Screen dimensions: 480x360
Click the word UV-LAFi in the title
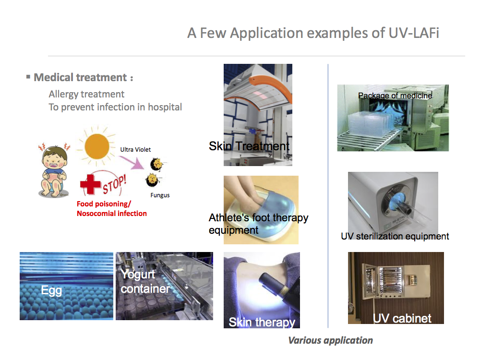[414, 33]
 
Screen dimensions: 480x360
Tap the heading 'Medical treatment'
[80, 77]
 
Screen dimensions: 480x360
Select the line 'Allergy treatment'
[86, 94]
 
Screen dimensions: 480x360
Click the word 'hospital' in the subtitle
[165, 107]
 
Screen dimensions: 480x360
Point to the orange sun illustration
[96, 146]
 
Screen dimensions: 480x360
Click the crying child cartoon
[54, 171]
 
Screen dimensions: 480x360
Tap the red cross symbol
[90, 184]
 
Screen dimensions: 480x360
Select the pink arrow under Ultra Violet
[132, 162]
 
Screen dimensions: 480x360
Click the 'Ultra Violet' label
[135, 149]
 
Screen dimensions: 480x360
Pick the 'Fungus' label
[160, 195]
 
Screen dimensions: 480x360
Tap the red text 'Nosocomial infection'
[112, 214]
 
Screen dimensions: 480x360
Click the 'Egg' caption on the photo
[51, 290]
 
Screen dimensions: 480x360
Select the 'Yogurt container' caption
[145, 281]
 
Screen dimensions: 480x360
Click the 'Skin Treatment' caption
[249, 146]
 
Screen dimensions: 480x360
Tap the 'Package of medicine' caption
[395, 96]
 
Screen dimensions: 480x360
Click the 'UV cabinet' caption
[402, 318]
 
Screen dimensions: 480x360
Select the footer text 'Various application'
[331, 340]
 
